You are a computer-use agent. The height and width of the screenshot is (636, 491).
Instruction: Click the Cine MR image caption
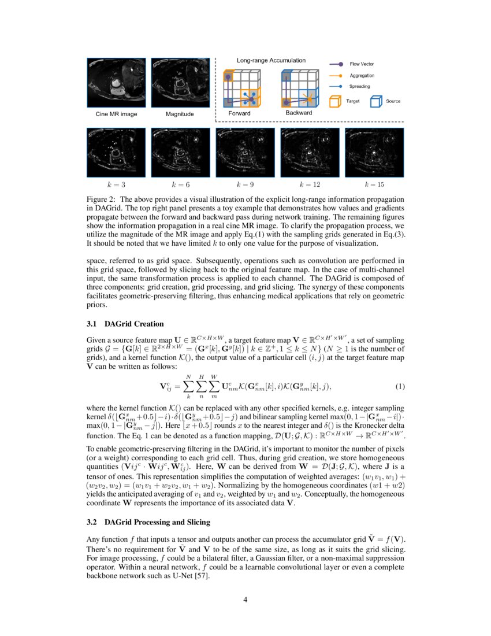coord(116,114)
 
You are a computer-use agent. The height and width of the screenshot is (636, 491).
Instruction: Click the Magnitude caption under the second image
coord(180,114)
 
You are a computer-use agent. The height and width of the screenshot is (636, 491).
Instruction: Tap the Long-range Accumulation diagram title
coord(271,60)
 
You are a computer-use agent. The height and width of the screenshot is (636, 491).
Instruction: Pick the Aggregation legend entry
coord(362,75)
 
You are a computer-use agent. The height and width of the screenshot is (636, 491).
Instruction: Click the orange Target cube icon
coord(334,101)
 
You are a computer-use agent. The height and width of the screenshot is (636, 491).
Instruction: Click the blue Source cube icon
coord(376,101)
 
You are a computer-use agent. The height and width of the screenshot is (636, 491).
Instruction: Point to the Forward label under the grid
coord(239,113)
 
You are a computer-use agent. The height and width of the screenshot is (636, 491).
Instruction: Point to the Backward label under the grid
coord(299,113)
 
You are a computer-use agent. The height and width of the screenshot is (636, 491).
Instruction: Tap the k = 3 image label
coord(116,185)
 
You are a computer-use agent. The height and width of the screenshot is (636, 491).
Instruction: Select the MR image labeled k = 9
coord(245,153)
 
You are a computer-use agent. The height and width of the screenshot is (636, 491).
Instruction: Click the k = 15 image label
coord(374,185)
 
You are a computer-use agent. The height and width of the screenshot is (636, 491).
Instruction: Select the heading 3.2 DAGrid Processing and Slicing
coord(148,522)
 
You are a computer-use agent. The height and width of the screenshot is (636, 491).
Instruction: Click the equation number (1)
coord(400,386)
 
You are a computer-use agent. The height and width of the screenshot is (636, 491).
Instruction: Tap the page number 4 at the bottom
coord(245,599)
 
